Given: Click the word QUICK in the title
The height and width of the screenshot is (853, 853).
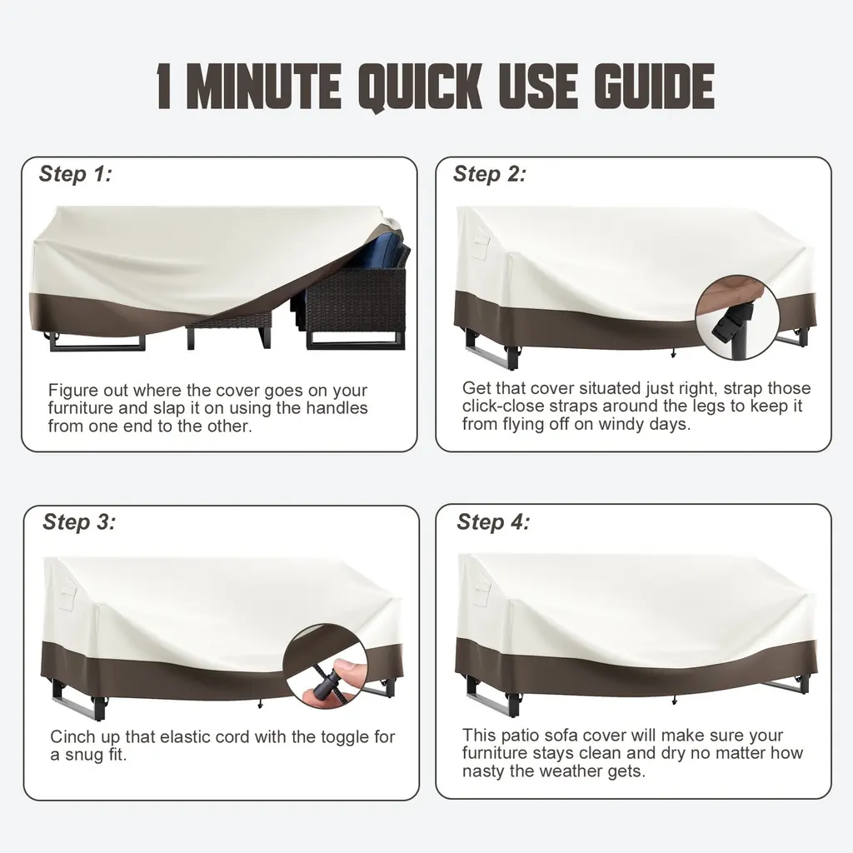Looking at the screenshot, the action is [x=421, y=87].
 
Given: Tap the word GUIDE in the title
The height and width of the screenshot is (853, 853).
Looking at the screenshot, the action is [x=654, y=86].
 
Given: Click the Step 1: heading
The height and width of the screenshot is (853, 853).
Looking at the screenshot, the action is [x=76, y=174].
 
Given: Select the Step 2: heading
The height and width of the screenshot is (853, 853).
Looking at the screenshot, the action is [x=490, y=174].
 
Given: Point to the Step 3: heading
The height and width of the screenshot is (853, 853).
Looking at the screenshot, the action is [x=79, y=521].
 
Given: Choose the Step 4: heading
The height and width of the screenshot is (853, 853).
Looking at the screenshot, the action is [x=493, y=521].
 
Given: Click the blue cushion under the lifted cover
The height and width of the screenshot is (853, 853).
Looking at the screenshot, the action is [x=381, y=255].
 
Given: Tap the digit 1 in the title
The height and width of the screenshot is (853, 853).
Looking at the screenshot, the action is [x=164, y=86].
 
